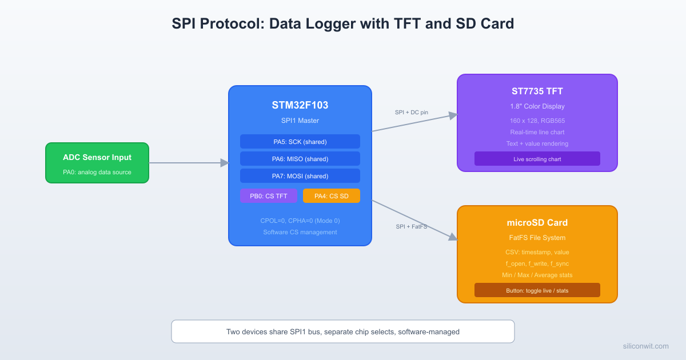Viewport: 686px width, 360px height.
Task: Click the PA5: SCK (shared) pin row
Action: pos(300,142)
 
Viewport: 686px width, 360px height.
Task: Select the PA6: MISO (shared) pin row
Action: pos(300,159)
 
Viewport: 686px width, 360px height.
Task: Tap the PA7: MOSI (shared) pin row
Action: pos(300,176)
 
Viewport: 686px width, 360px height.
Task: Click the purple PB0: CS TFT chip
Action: pos(268,196)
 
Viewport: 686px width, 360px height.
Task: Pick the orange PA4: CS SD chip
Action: pos(331,196)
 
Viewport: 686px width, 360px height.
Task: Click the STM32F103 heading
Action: pos(300,105)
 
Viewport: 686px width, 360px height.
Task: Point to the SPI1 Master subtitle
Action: pos(300,121)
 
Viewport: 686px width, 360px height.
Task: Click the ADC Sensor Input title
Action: pos(97,157)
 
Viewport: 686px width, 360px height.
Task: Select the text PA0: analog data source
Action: pos(97,172)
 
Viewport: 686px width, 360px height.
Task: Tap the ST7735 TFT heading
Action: pos(537,91)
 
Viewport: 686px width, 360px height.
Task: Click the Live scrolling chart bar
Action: pos(537,159)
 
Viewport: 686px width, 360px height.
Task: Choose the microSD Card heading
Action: pos(537,223)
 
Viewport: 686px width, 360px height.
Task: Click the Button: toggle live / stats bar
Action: pos(537,290)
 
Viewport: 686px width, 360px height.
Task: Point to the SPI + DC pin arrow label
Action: pos(411,113)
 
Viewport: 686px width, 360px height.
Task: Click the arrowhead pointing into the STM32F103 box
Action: pos(225,163)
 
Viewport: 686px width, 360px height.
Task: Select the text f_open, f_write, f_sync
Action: pos(537,263)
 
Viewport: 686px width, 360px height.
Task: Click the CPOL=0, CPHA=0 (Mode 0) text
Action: pos(300,221)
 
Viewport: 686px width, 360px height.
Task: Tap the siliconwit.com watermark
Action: pos(645,346)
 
